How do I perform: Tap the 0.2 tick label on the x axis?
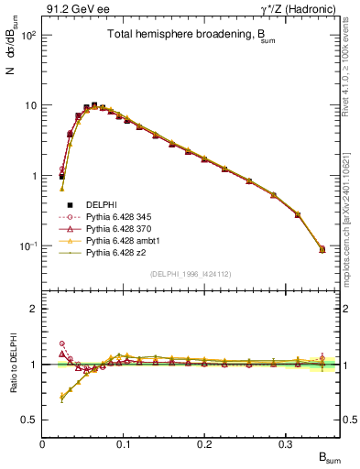(183, 444)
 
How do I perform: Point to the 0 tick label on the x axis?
(43, 444)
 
